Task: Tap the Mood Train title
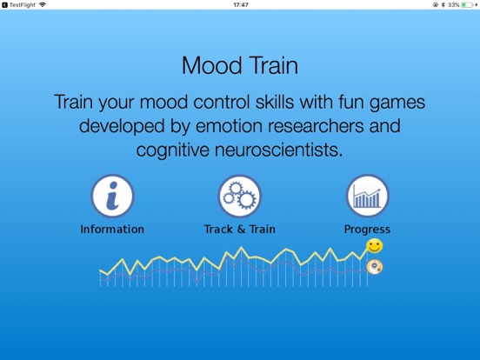tap(239, 66)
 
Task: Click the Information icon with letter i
tap(112, 197)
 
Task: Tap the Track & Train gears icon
tap(239, 197)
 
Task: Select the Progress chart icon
tap(367, 197)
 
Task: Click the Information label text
tap(112, 230)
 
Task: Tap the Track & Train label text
tap(239, 230)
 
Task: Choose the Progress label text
tap(367, 230)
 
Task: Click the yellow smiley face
tap(374, 247)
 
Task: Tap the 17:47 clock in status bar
tap(241, 5)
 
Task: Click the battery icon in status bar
tap(468, 5)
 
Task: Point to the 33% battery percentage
tap(454, 5)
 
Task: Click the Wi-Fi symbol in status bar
tap(43, 5)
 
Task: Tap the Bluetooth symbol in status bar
tap(443, 5)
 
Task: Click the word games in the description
tap(397, 103)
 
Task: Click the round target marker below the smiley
tap(375, 266)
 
